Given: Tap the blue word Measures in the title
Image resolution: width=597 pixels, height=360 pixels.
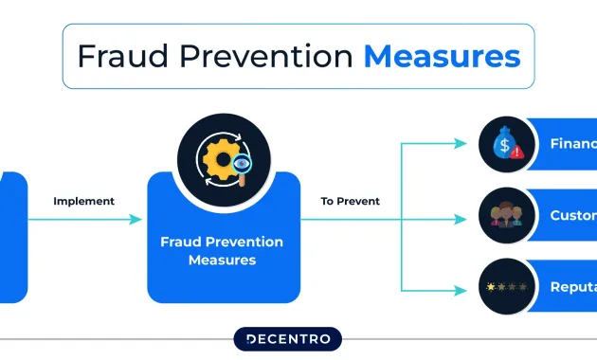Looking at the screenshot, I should tap(442, 57).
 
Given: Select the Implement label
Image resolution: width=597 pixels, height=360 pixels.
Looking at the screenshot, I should tap(83, 201).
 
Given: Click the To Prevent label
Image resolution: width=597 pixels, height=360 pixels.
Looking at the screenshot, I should tap(351, 201).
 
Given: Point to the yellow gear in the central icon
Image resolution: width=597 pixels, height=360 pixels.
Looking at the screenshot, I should tap(216, 156).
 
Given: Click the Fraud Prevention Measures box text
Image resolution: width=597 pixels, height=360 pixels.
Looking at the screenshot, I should tap(222, 251).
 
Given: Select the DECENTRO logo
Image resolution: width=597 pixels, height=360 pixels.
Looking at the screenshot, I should tap(287, 339).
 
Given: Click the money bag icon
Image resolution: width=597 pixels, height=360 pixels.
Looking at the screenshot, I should tap(504, 144).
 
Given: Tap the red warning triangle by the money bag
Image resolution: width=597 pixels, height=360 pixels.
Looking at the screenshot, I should tap(518, 153).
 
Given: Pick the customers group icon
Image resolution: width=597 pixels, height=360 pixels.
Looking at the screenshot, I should tap(505, 215).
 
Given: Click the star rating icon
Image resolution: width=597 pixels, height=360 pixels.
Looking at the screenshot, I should tap(505, 286).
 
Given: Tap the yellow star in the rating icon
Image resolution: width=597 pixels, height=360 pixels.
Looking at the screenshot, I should tap(490, 286).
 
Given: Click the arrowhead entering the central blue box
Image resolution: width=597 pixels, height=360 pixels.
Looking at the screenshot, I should tap(136, 219).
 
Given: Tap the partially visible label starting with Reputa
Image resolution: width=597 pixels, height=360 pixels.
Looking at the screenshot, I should tap(572, 286).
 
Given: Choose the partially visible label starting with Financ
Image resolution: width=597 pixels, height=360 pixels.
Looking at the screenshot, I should tap(572, 144).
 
